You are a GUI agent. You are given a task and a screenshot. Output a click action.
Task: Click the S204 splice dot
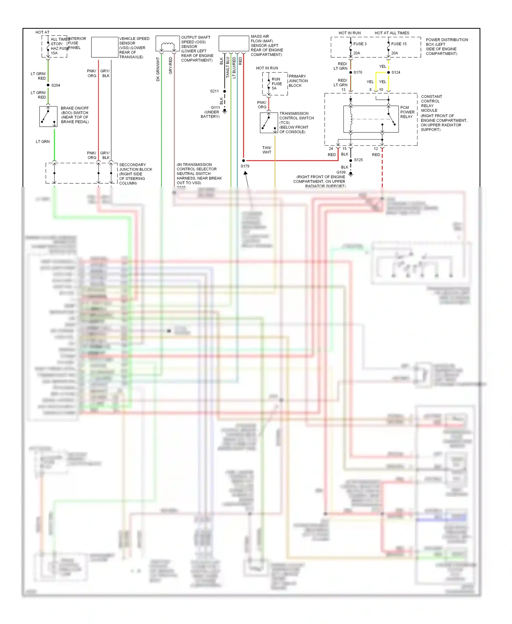[48, 85]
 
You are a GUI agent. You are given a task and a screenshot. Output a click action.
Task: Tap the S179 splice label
[245, 166]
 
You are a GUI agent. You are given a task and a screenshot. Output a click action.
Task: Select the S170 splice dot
[351, 72]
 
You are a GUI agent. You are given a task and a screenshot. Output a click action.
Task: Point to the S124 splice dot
[388, 72]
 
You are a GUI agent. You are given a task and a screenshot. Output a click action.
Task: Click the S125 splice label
[358, 160]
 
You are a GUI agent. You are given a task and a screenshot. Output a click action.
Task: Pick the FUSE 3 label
[360, 44]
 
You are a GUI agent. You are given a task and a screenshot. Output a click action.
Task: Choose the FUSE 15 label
[399, 44]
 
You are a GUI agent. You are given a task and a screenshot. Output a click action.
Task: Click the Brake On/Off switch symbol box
[48, 116]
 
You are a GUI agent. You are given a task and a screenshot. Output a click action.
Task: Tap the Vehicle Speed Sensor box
[105, 47]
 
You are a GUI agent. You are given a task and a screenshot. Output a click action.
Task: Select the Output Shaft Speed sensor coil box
[168, 44]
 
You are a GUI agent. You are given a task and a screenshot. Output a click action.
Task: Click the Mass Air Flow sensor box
[234, 44]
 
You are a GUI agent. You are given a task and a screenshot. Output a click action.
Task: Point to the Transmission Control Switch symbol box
[269, 123]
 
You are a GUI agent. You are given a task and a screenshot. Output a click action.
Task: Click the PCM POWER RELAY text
[407, 112]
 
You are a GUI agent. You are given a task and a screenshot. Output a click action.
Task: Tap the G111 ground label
[215, 108]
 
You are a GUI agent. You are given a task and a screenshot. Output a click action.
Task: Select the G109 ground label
[341, 172]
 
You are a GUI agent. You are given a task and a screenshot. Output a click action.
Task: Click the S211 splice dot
[225, 91]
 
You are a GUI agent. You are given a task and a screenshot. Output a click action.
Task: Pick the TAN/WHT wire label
[267, 150]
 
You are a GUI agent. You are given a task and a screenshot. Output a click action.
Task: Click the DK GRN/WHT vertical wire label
[158, 69]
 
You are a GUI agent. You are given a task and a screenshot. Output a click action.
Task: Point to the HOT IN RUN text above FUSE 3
[350, 33]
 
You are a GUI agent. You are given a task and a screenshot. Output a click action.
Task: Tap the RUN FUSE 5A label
[276, 84]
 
